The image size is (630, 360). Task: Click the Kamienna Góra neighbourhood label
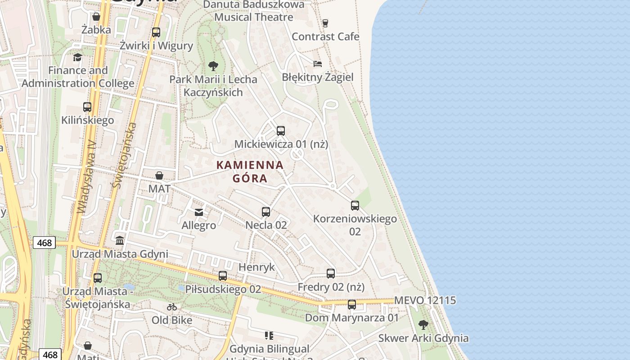pyautogui.click(x=250, y=171)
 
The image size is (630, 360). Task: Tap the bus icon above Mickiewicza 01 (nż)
pyautogui.click(x=281, y=131)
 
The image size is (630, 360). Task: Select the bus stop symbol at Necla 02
pyautogui.click(x=266, y=211)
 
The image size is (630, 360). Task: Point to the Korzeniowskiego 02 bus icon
pyautogui.click(x=355, y=206)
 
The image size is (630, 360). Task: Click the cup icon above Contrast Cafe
pyautogui.click(x=325, y=23)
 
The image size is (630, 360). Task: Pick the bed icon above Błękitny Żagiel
pyautogui.click(x=318, y=63)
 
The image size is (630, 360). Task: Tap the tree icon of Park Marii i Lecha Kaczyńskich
pyautogui.click(x=213, y=66)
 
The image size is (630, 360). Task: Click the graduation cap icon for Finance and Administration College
pyautogui.click(x=78, y=57)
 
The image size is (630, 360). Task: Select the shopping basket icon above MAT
pyautogui.click(x=159, y=175)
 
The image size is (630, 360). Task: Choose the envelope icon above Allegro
pyautogui.click(x=199, y=212)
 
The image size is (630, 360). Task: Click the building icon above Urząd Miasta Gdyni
pyautogui.click(x=120, y=240)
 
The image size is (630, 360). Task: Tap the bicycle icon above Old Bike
pyautogui.click(x=172, y=307)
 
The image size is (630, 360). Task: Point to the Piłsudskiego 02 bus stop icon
pyautogui.click(x=223, y=276)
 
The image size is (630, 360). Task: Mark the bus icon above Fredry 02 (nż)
pyautogui.click(x=331, y=273)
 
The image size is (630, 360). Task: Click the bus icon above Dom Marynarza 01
pyautogui.click(x=352, y=305)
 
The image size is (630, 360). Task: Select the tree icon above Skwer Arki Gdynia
pyautogui.click(x=423, y=324)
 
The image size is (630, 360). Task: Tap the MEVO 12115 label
pyautogui.click(x=425, y=301)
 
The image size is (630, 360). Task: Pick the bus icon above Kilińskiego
pyautogui.click(x=87, y=107)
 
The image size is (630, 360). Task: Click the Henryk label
pyautogui.click(x=256, y=267)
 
